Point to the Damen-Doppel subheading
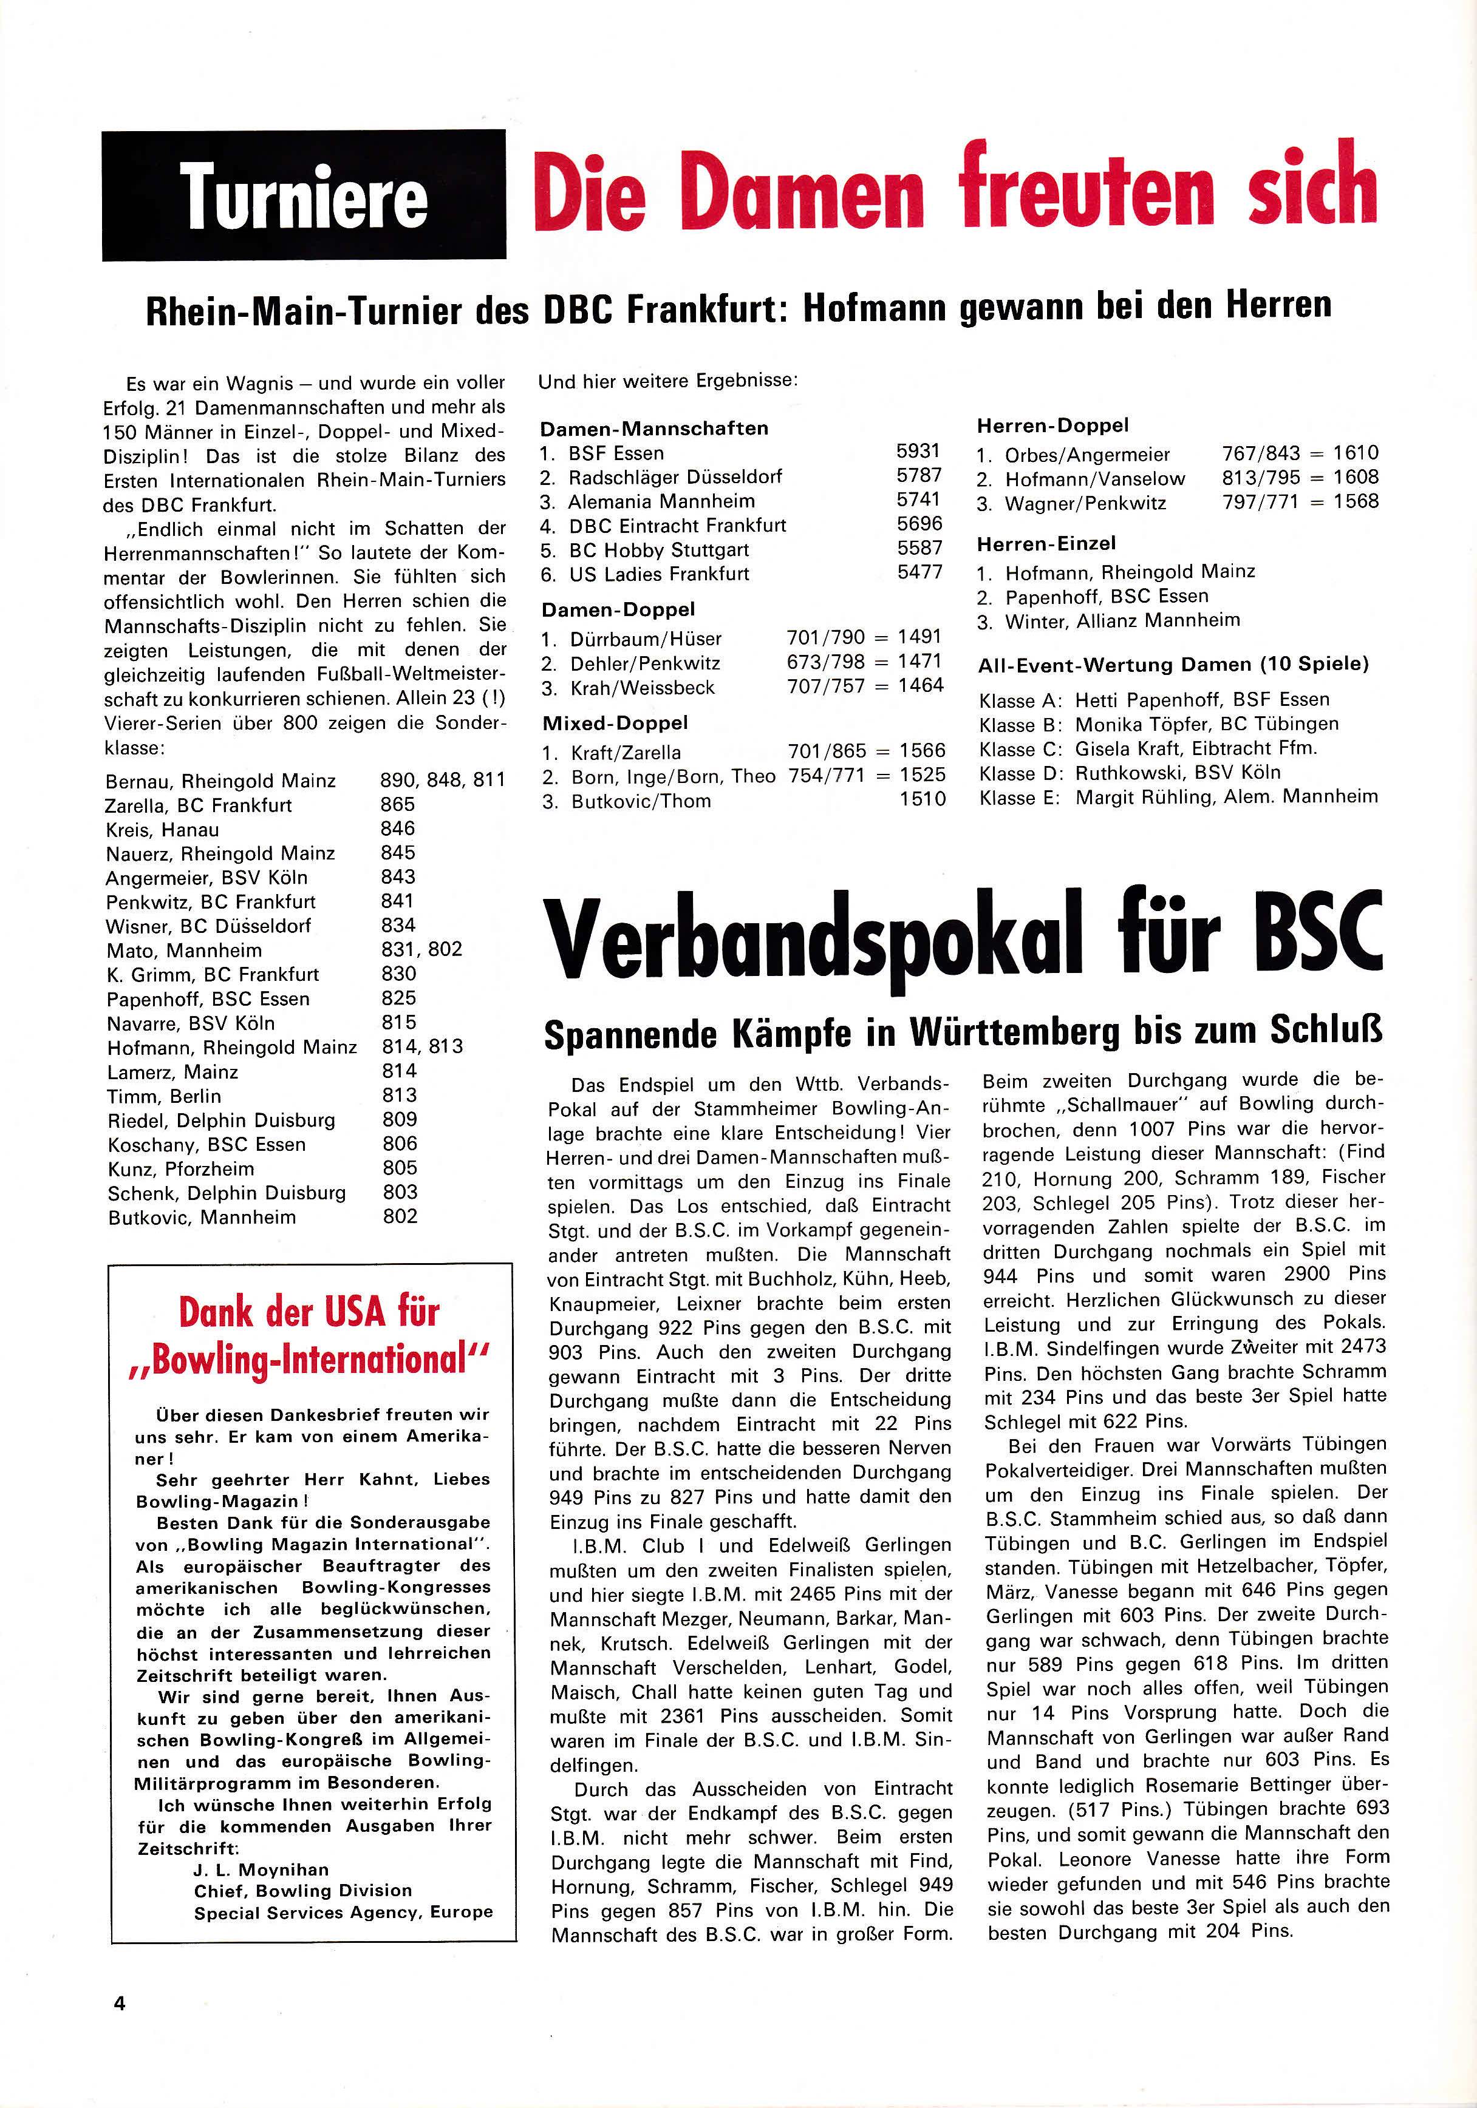(x=618, y=609)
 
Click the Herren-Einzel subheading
(x=1046, y=543)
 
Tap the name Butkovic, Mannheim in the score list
(x=202, y=1218)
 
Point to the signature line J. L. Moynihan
(x=261, y=1869)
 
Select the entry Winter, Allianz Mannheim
(x=1122, y=621)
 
